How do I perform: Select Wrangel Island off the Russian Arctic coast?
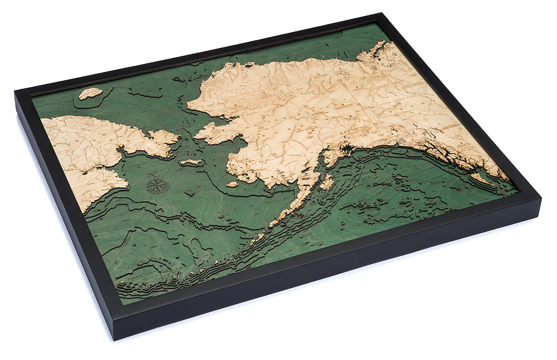[x=90, y=93]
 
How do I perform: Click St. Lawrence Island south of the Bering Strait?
[x=191, y=162]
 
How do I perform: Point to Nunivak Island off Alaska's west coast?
[x=232, y=183]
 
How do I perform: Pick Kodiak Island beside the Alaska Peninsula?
[x=327, y=182]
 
